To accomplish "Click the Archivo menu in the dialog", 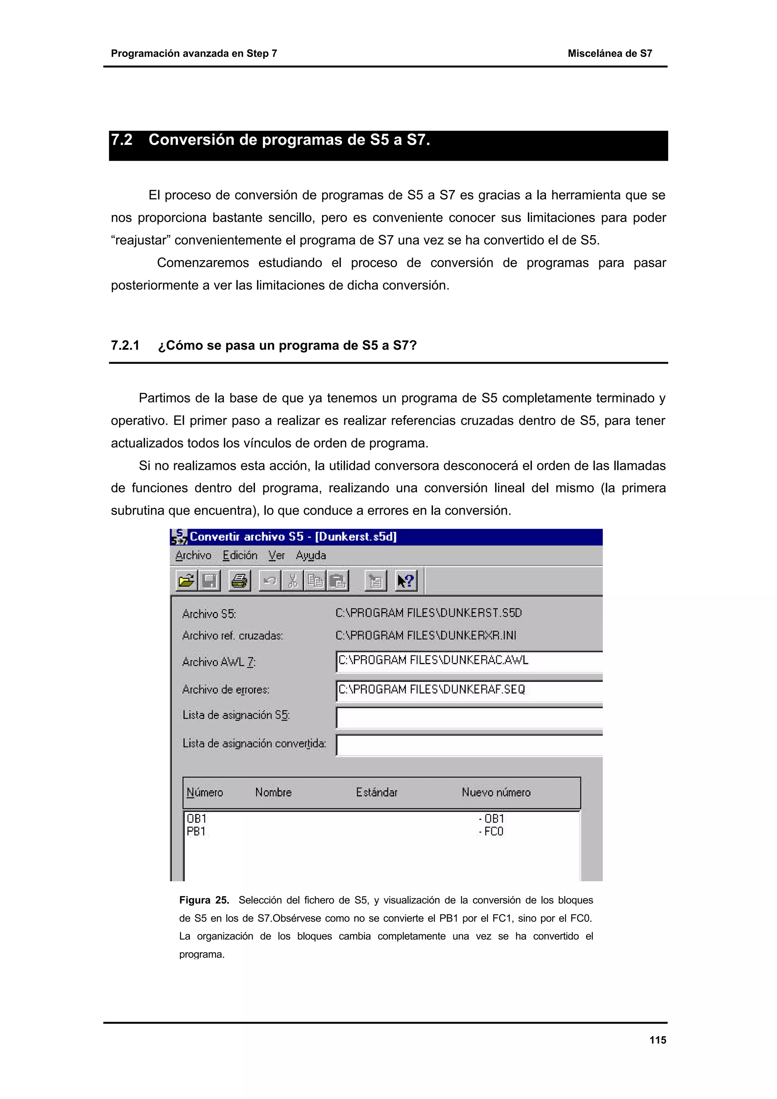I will pyautogui.click(x=193, y=555).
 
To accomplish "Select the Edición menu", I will pyautogui.click(x=240, y=555).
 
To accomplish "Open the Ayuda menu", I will pyautogui.click(x=311, y=555).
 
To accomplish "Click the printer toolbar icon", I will pyautogui.click(x=239, y=581).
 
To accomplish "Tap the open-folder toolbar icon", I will pyautogui.click(x=186, y=581).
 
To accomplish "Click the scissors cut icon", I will pyautogui.click(x=293, y=581).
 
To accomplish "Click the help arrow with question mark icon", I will pyautogui.click(x=406, y=581).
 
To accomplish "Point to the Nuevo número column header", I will pyautogui.click(x=496, y=793).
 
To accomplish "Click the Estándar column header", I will pyautogui.click(x=376, y=793).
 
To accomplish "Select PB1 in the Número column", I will pyautogui.click(x=196, y=831).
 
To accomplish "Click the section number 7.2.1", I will pyautogui.click(x=125, y=345).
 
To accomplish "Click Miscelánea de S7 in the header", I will pyautogui.click(x=609, y=53).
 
